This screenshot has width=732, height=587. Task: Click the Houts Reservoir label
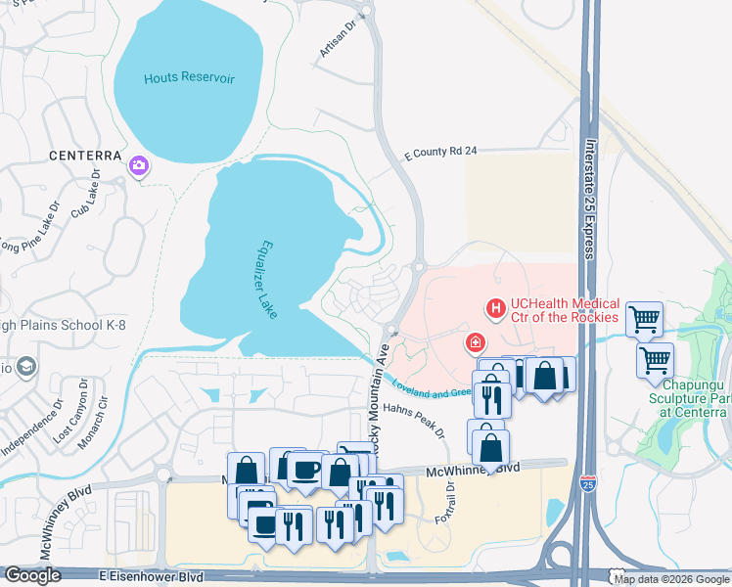[189, 78]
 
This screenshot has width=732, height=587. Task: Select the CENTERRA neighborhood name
[87, 156]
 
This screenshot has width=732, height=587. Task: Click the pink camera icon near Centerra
[139, 167]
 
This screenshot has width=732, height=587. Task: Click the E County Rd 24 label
[440, 153]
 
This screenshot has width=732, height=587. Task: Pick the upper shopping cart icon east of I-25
[644, 317]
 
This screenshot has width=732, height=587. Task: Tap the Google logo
[32, 575]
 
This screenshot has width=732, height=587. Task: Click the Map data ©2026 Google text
[670, 579]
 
